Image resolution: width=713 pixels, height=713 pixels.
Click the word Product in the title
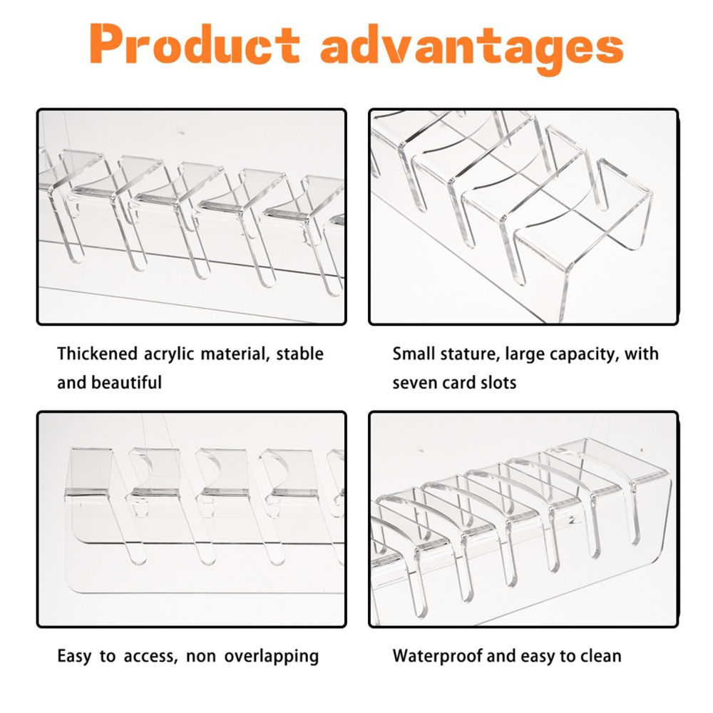(194, 43)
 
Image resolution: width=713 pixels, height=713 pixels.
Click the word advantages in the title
(472, 48)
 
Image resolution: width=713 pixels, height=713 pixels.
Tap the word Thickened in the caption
(97, 354)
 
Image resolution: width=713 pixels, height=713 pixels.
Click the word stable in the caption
(300, 354)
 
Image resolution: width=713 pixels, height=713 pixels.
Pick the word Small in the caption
(413, 354)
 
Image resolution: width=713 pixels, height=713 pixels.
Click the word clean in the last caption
(600, 656)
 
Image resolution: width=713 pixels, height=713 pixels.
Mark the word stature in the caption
(469, 354)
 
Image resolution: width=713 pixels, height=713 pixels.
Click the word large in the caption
(525, 354)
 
